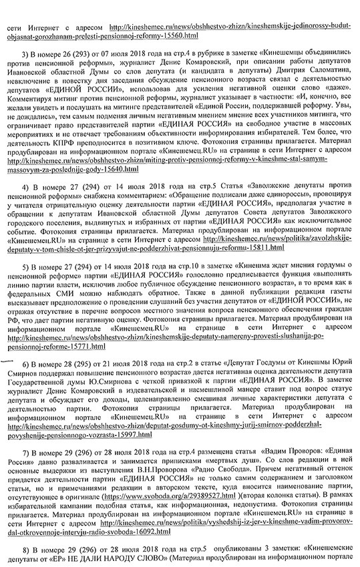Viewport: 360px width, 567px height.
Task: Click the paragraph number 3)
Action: [x=25, y=52]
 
